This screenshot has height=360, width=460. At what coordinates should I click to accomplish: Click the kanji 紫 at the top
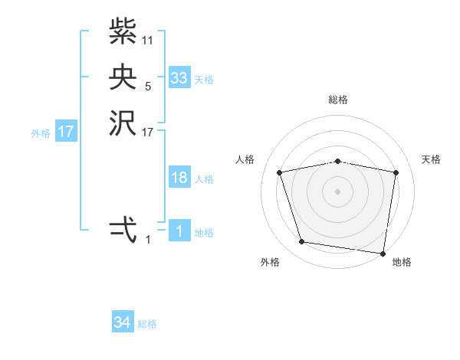(x=123, y=31)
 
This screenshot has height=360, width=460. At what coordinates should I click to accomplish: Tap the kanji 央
(x=123, y=77)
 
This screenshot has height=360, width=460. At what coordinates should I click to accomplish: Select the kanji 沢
(x=123, y=125)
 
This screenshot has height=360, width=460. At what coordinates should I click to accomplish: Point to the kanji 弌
(x=123, y=229)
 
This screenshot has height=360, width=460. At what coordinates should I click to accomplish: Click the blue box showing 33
(x=179, y=78)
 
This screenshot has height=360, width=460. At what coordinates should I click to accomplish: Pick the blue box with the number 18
(x=179, y=178)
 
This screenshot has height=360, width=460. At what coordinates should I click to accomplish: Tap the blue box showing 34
(x=123, y=322)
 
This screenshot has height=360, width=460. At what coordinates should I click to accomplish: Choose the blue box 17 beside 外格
(x=66, y=132)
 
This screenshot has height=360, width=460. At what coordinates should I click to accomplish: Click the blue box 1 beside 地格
(x=179, y=231)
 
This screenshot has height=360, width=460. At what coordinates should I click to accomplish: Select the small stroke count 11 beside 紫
(x=148, y=39)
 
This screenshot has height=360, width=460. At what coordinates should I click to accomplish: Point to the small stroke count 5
(x=148, y=87)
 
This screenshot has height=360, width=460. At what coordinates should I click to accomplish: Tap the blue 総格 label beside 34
(x=147, y=324)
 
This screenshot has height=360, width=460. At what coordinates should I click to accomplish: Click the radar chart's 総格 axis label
(x=338, y=100)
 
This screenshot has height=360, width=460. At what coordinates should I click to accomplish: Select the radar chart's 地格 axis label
(x=402, y=262)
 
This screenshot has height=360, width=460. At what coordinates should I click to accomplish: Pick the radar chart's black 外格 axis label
(x=271, y=262)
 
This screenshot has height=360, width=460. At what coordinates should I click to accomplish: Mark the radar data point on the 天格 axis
(x=396, y=172)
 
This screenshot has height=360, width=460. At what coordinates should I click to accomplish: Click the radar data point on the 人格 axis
(x=280, y=172)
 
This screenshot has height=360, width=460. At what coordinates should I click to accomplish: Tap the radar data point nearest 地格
(x=383, y=253)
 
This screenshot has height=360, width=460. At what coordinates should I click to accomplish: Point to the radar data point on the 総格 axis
(x=338, y=161)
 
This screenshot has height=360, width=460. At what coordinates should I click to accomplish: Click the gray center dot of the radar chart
(x=338, y=191)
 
